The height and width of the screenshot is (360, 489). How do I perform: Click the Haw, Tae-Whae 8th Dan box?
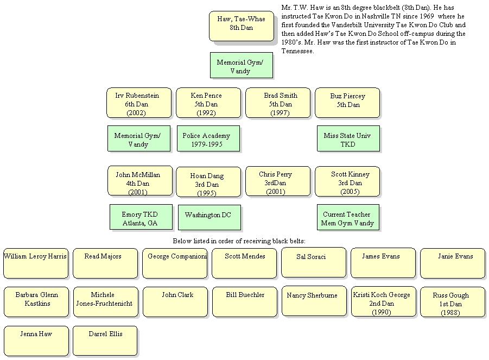[x=242, y=26]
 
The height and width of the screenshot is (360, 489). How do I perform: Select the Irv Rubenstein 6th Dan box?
[x=139, y=103]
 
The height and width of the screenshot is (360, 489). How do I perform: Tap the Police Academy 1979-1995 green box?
[x=208, y=139]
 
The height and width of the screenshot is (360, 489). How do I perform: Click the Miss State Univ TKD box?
[x=348, y=139]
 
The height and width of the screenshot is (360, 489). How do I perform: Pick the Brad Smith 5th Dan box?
[x=278, y=103]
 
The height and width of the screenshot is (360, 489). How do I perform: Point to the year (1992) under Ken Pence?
[x=206, y=112]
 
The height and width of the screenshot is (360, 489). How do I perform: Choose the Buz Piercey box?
[x=347, y=103]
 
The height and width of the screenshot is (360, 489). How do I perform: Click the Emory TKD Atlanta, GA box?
[x=141, y=217]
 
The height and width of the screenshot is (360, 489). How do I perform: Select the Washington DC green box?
[x=209, y=217]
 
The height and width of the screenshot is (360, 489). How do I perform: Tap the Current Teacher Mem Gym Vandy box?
[x=348, y=217]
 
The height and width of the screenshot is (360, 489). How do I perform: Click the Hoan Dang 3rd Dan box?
[x=208, y=182]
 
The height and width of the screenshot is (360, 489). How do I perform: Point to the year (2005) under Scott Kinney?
[x=350, y=192]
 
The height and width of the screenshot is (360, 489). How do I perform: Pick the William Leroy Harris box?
[x=36, y=263]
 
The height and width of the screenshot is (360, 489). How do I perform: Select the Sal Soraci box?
[x=314, y=263]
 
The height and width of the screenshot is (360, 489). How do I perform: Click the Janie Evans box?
[x=453, y=263]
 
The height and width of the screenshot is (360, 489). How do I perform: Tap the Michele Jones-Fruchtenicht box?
[x=106, y=302]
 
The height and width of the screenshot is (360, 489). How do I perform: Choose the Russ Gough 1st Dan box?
[x=453, y=302]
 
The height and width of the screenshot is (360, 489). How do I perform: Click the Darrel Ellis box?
[x=105, y=341]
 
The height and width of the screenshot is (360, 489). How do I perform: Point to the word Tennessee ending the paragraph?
[x=297, y=51]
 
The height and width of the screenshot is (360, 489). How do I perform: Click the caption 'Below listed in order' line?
[x=239, y=241]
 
